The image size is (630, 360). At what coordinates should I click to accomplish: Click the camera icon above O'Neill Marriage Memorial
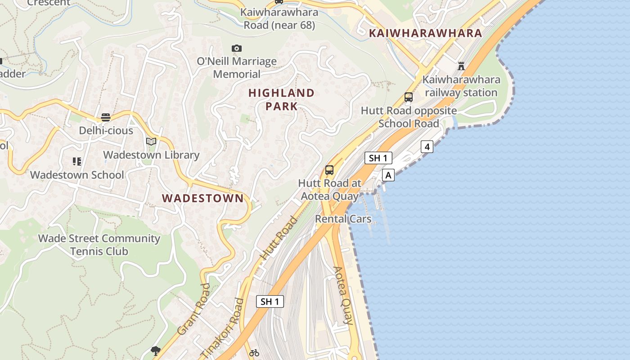[237, 48]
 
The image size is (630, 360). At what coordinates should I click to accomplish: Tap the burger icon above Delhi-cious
[106, 117]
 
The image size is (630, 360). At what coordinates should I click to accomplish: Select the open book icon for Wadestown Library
[151, 142]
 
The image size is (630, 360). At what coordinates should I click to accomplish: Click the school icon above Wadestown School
[76, 161]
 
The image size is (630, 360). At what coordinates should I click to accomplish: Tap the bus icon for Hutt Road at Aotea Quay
[329, 170]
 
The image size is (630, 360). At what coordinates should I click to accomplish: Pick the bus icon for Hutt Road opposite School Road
[409, 97]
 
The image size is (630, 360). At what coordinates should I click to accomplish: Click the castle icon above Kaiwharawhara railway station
[461, 66]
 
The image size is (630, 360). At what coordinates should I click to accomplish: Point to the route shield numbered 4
[427, 147]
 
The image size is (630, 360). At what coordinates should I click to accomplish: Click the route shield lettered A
[388, 175]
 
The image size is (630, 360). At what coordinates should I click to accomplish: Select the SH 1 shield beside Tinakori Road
[270, 301]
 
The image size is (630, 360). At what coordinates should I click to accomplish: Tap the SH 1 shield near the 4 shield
[378, 158]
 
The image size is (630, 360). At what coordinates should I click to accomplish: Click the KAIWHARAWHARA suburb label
[425, 33]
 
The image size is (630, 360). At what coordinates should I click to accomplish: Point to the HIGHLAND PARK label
[281, 99]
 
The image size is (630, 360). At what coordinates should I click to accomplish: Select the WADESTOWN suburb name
[202, 198]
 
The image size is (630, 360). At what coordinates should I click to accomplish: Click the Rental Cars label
[343, 219]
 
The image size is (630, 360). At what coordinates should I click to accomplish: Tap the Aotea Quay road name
[343, 295]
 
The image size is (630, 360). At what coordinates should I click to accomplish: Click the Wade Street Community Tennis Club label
[99, 245]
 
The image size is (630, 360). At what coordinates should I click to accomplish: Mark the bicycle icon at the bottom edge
[254, 353]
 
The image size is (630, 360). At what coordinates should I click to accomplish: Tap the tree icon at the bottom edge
[156, 351]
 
